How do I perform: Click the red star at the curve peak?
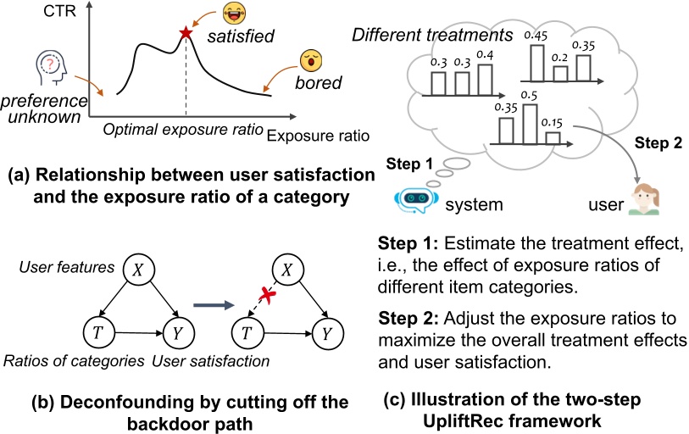(x=185, y=35)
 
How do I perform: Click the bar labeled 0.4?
(x=484, y=78)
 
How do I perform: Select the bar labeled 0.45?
(x=536, y=62)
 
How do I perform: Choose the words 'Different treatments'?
(x=431, y=35)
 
